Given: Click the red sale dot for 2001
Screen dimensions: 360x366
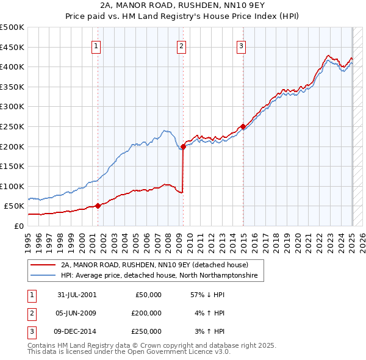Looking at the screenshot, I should [98, 206].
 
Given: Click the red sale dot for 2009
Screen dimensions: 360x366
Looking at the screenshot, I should [183, 146].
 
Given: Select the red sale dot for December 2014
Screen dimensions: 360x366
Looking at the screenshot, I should [243, 126].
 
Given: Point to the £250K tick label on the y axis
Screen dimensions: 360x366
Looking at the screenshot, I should [12, 126].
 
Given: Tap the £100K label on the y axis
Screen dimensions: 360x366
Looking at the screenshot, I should [12, 186].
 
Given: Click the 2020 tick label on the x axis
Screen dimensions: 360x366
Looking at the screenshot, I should [298, 239].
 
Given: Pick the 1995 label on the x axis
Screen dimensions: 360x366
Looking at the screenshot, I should [29, 239].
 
